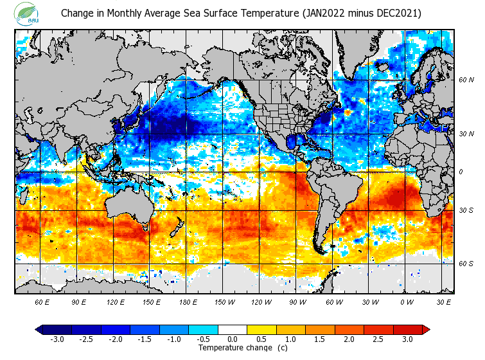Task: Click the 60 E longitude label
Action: click(x=42, y=301)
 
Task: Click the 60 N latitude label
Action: click(x=466, y=80)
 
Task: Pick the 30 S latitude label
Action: click(x=466, y=211)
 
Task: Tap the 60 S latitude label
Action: click(x=466, y=264)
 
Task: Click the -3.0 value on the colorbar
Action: click(x=57, y=339)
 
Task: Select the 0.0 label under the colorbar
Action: click(x=233, y=339)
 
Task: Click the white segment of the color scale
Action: click(x=233, y=330)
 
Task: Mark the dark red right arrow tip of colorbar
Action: click(x=426, y=330)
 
